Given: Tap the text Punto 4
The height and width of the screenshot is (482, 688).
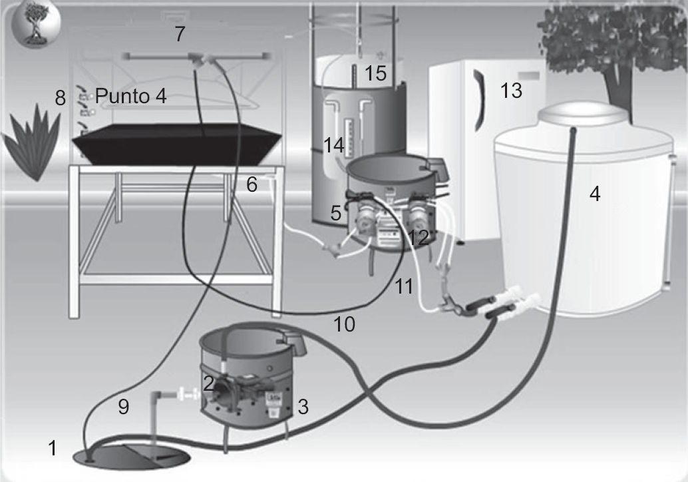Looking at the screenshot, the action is (x=130, y=97).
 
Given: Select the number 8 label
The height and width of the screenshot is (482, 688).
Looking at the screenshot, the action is (x=61, y=99).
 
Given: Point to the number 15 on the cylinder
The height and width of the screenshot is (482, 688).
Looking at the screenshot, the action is (x=375, y=73).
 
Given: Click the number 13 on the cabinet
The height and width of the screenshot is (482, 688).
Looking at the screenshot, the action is (x=511, y=90).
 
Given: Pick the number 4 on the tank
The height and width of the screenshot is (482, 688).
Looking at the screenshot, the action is (x=595, y=194).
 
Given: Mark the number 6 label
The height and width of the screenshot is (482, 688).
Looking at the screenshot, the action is (x=252, y=184).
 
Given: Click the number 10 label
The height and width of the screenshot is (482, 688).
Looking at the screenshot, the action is (x=344, y=324).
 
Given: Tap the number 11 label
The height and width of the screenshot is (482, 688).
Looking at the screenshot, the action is (x=404, y=286).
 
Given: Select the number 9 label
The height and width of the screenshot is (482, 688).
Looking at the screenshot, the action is (x=123, y=407).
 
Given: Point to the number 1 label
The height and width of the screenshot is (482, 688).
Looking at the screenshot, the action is (x=53, y=449).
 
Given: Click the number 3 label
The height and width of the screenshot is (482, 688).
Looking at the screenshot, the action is (x=303, y=406).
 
